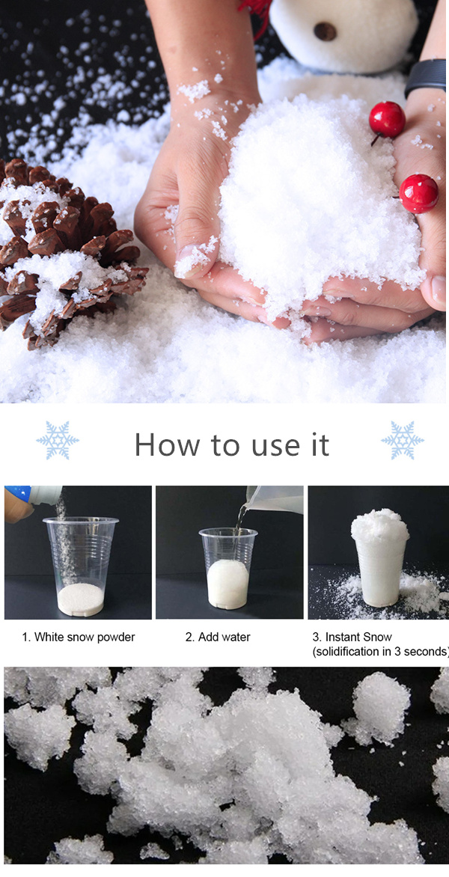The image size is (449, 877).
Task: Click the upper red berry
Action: click(387, 119)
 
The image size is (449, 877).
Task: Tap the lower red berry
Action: click(418, 193)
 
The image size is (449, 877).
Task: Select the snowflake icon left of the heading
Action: click(58, 440)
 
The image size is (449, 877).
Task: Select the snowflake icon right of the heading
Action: click(402, 440)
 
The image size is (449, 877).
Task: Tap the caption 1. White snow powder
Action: click(79, 637)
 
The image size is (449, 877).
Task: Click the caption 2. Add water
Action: click(218, 637)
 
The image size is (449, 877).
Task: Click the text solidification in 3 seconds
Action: click(380, 652)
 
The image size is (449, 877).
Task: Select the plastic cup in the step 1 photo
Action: click(81, 565)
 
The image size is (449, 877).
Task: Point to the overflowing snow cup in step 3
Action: click(380, 557)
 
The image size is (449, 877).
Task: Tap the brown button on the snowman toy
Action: click(325, 31)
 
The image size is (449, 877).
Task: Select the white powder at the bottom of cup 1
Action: click(81, 598)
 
